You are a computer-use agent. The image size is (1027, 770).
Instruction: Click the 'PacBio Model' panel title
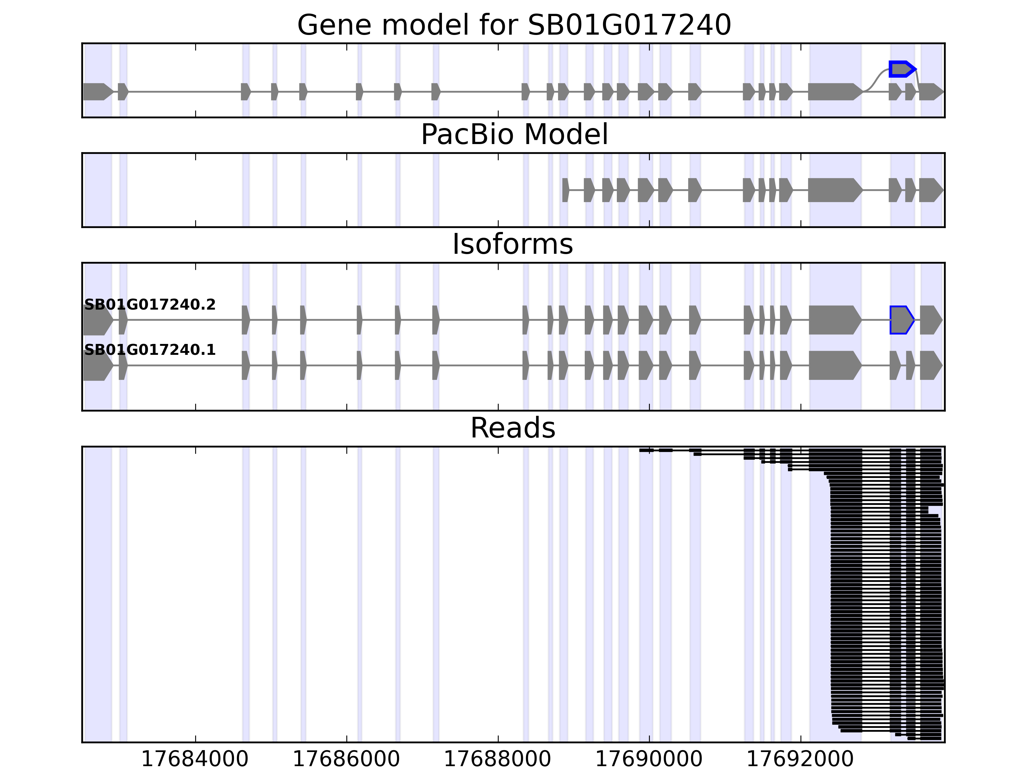pyautogui.click(x=514, y=135)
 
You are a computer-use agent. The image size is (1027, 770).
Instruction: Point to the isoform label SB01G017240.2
pyautogui.click(x=150, y=304)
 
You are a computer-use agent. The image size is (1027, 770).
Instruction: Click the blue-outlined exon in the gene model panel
pyautogui.click(x=901, y=69)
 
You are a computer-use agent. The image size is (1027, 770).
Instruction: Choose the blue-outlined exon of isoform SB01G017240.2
pyautogui.click(x=901, y=320)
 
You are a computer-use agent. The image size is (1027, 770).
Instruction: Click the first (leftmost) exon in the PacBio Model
pyautogui.click(x=565, y=190)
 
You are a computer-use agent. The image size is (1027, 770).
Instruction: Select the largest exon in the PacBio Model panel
pyautogui.click(x=833, y=190)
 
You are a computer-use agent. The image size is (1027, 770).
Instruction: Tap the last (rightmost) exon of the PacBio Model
pyautogui.click(x=930, y=190)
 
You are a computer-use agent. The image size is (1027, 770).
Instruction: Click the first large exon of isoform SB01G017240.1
pyautogui.click(x=97, y=365)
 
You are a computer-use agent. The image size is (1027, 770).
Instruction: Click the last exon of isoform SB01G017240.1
pyautogui.click(x=930, y=365)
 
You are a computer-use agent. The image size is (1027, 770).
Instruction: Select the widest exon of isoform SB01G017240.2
pyautogui.click(x=833, y=320)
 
